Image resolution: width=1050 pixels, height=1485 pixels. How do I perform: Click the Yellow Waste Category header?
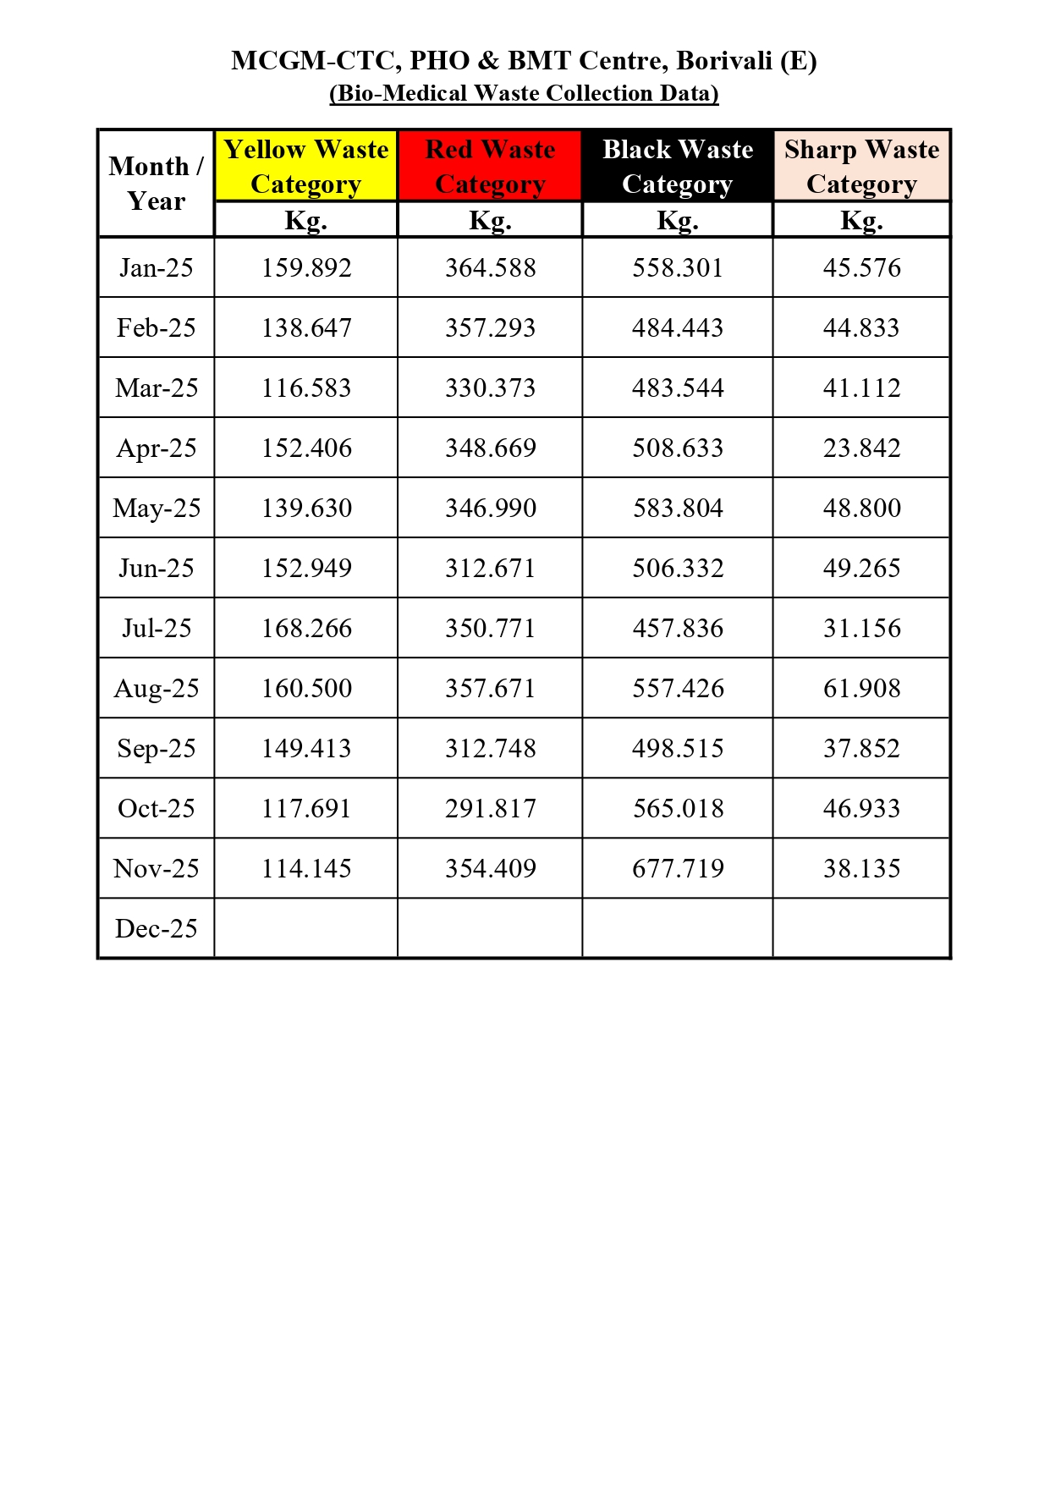coord(305,166)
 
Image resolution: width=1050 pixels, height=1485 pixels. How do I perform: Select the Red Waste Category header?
coord(490,166)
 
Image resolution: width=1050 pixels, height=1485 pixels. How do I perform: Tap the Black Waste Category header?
coord(677,166)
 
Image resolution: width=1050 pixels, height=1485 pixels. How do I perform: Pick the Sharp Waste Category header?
coord(861,166)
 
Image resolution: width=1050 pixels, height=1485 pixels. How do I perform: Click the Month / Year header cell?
coord(156,183)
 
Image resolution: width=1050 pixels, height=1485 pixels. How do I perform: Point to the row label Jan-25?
coord(156,267)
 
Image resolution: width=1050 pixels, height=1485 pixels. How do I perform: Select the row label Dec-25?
coord(156,928)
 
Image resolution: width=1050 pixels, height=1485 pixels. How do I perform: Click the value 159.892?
coord(305,267)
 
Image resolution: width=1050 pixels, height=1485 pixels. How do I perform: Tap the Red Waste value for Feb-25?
coord(490,327)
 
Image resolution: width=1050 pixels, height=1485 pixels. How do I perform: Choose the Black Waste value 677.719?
coord(677,868)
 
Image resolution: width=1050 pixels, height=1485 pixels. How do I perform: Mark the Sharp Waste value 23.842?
coord(861,448)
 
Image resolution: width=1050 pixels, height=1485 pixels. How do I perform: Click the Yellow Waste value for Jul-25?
coord(305,628)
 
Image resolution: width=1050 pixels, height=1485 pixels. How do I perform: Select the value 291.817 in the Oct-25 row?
coord(490,808)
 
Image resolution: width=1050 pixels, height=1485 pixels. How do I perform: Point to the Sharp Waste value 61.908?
coord(861,688)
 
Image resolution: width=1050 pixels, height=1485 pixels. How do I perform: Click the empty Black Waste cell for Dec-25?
coord(677,928)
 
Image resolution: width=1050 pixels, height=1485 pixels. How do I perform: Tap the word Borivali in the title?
coord(723,61)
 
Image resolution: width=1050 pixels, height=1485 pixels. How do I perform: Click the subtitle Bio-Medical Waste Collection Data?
coord(524,93)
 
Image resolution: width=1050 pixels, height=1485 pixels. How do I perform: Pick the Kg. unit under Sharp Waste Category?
coord(861,220)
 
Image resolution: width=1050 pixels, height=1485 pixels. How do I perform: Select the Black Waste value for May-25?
coord(677,508)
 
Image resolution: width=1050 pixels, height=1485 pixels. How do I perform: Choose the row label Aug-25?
coord(156,688)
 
